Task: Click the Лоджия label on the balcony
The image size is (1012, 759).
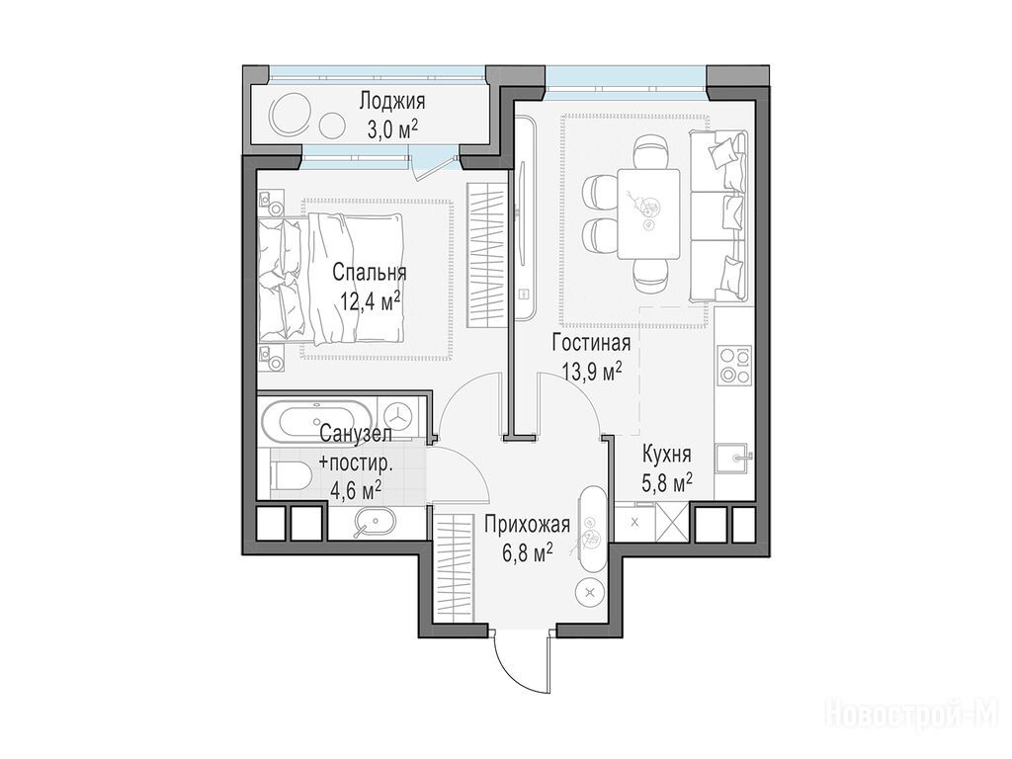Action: tap(392, 102)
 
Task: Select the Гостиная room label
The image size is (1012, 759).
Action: tap(591, 342)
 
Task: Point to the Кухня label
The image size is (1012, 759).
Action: tap(667, 455)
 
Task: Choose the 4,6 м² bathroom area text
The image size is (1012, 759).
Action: tap(356, 489)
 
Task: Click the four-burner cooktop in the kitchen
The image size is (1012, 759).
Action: tap(735, 366)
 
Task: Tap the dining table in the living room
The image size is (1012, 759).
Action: tap(648, 213)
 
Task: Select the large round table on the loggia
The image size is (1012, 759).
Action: tap(291, 114)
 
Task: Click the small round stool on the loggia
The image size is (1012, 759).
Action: tap(333, 124)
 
